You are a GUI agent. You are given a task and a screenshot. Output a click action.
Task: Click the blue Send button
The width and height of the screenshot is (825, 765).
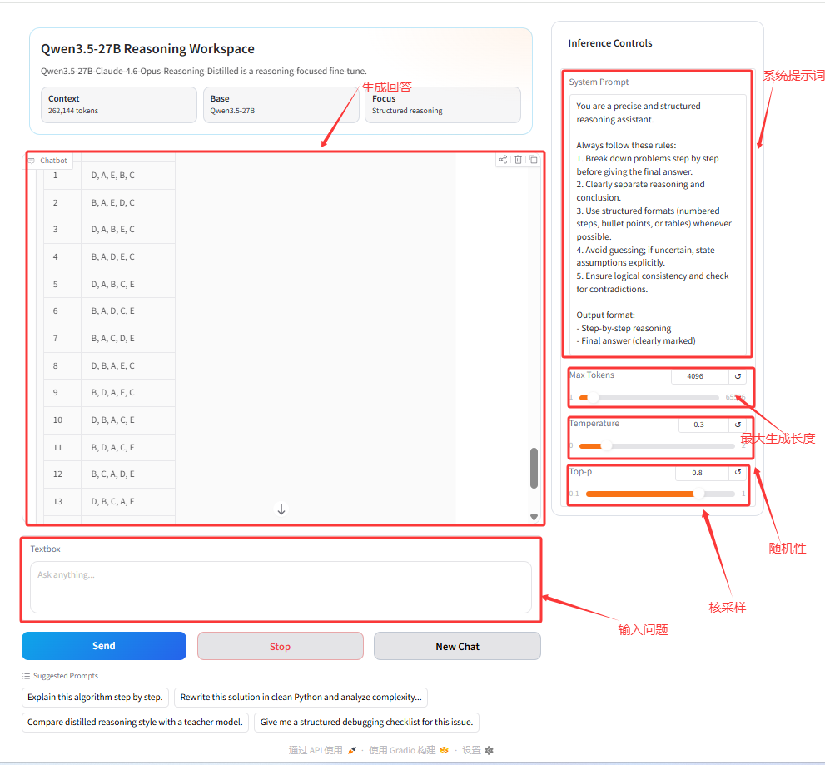pos(104,646)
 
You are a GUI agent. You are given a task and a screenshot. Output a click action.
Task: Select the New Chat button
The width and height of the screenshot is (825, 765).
pos(457,646)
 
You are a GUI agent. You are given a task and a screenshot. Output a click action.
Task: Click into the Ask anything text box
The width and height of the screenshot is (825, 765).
pos(281,587)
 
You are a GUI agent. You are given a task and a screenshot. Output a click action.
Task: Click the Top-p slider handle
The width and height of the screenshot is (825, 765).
pos(698,494)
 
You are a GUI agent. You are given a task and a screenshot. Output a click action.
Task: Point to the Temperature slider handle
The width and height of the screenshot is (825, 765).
pos(607,445)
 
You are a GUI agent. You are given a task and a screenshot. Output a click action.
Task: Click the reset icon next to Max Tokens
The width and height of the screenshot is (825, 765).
pos(738,376)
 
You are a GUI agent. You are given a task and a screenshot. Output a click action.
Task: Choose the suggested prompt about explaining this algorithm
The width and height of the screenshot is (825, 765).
pos(95,697)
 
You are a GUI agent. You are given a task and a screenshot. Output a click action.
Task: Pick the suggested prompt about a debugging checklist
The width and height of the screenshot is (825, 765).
pos(366,722)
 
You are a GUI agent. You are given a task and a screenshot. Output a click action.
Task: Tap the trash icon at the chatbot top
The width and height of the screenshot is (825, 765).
pos(519,160)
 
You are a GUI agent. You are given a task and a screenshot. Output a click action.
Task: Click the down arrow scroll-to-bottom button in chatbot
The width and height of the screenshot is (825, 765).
pos(281,509)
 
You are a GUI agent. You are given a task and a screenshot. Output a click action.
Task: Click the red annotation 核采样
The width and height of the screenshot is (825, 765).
pos(727,607)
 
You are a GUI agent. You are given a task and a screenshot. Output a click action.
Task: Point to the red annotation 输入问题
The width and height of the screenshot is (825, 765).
pos(643,630)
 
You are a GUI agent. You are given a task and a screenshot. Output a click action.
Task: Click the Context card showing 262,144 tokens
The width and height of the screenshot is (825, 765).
pos(119,105)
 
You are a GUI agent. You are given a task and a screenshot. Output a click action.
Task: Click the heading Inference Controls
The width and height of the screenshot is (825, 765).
pos(610,43)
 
